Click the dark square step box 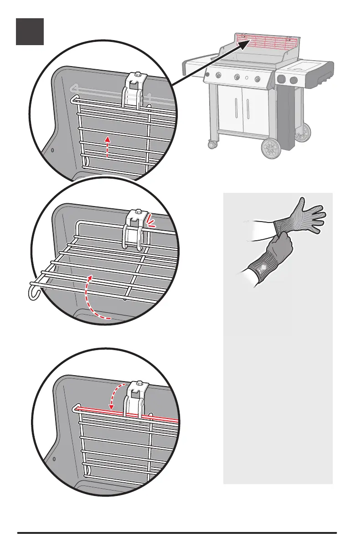(x=30, y=31)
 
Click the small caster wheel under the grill (x=212, y=145)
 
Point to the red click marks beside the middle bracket (x=151, y=222)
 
